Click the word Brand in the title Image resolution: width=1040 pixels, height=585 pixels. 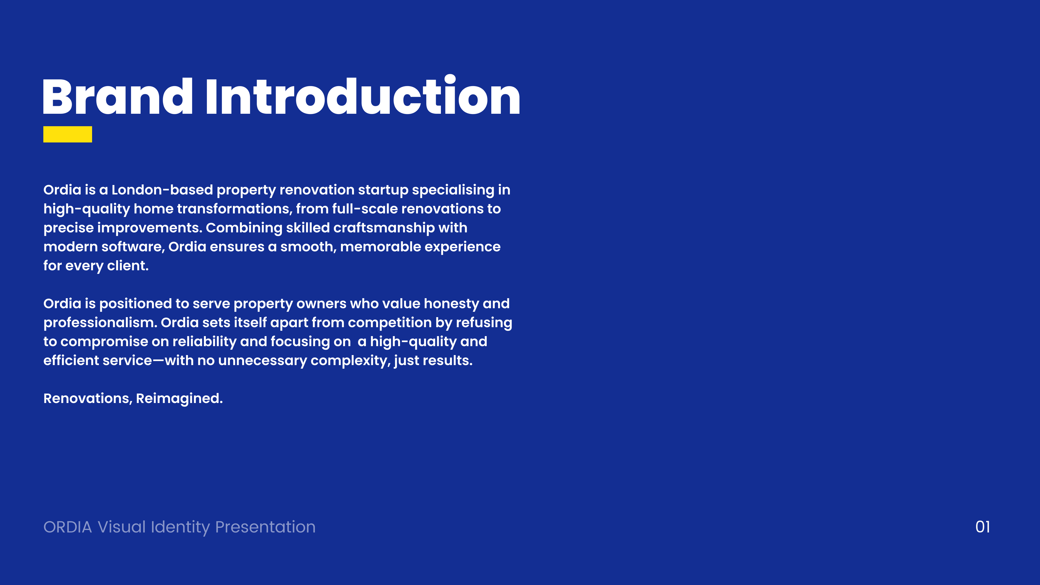(x=117, y=97)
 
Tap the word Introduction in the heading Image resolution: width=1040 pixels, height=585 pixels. (x=363, y=97)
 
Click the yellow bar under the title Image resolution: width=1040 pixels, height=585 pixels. (x=67, y=134)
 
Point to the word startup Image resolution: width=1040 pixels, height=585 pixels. (x=383, y=190)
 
